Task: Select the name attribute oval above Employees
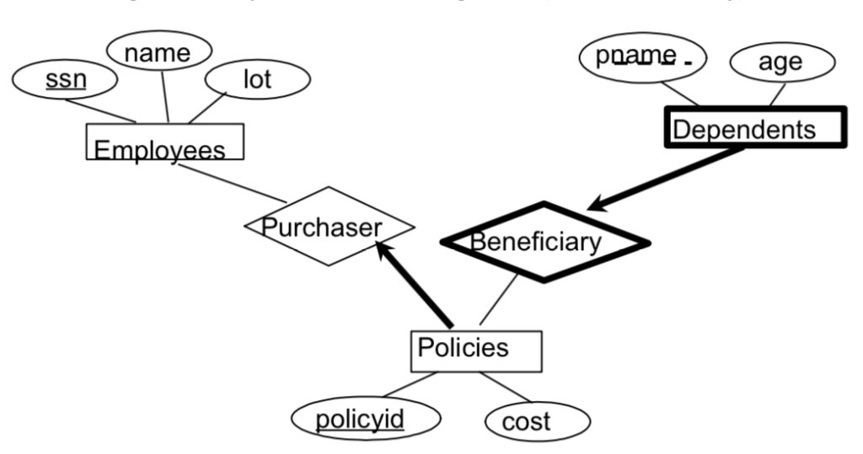tap(158, 52)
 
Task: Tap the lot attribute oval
tap(257, 81)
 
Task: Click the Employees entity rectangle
tap(165, 142)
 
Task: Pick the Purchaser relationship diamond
tap(329, 226)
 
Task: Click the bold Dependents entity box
tap(754, 128)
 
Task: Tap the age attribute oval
tap(781, 62)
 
